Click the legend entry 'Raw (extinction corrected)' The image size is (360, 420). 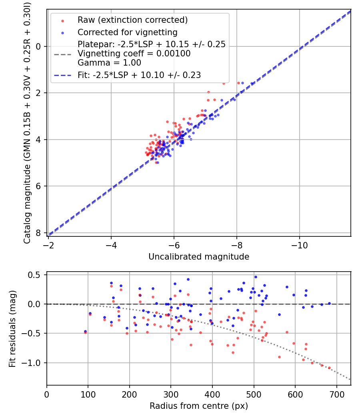point(132,20)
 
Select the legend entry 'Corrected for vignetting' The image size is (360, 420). point(128,32)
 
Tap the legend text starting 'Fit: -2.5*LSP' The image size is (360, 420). point(139,75)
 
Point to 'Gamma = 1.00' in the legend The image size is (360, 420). point(109,63)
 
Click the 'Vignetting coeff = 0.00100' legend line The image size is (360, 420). point(134,54)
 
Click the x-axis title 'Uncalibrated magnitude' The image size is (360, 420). point(199,257)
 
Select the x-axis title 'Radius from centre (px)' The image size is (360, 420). point(199,406)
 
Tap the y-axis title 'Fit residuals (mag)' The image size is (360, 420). point(12,329)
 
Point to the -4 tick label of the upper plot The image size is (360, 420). point(111,245)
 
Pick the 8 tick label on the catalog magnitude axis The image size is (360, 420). point(38,233)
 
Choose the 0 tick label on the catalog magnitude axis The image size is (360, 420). point(38,47)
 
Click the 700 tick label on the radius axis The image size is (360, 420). point(336,394)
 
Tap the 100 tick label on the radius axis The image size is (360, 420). point(88,394)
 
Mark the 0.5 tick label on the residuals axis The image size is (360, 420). point(35,275)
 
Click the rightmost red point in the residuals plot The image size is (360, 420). point(329,368)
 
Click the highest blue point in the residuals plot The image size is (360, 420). point(256,277)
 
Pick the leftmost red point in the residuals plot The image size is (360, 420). point(86,332)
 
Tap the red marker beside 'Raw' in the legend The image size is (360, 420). point(63,21)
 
